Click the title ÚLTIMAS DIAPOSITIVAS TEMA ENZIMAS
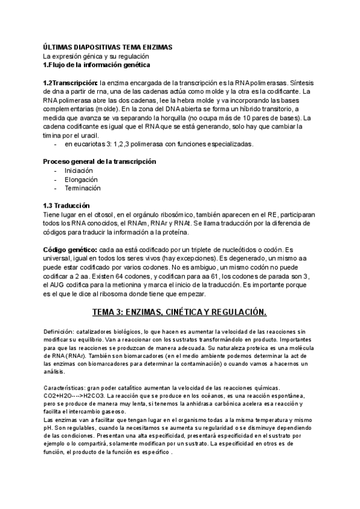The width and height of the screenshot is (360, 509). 107,46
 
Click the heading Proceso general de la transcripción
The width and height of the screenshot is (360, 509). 100,162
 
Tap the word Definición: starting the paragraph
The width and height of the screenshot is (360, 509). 59,331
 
